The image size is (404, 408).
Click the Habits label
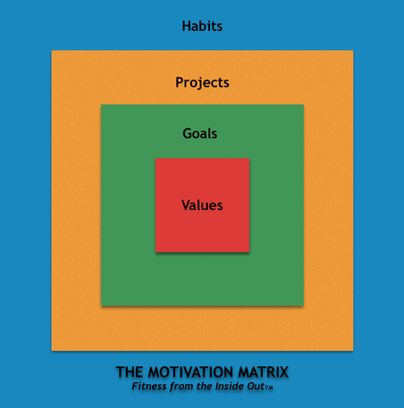pyautogui.click(x=202, y=26)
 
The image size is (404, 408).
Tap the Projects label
pyautogui.click(x=202, y=82)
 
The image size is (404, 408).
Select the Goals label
pyautogui.click(x=200, y=134)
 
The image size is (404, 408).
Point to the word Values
pyautogui.click(x=202, y=205)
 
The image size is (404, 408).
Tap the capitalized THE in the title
pyautogui.click(x=130, y=371)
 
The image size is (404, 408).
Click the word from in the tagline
pyautogui.click(x=183, y=387)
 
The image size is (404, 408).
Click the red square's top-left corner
pyautogui.click(x=156, y=159)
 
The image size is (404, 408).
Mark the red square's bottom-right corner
pyautogui.click(x=249, y=252)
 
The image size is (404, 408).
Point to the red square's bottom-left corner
pyautogui.click(x=156, y=252)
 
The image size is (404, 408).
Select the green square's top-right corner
pyautogui.click(x=303, y=105)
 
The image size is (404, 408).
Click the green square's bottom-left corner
pyautogui.click(x=101, y=305)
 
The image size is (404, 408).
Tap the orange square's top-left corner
pyautogui.click(x=52, y=51)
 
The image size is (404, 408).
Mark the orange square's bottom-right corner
pyautogui.click(x=352, y=350)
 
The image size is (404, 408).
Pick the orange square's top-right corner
pyautogui.click(x=352, y=51)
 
